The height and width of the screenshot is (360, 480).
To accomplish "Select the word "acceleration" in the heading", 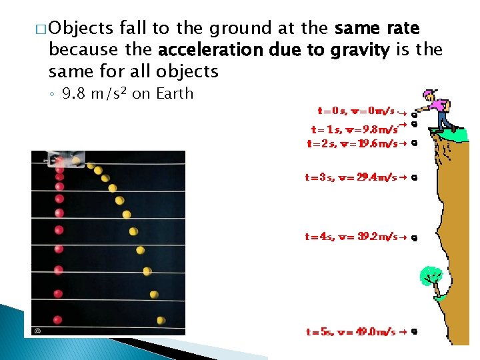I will tap(206, 49).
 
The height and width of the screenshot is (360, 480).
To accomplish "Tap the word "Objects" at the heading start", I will tap(81, 29).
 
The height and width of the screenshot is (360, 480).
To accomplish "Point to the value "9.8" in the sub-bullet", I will tap(74, 93).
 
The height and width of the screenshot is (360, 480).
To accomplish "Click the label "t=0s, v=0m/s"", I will tap(355, 111).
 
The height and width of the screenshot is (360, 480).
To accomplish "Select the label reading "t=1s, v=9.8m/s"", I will tap(355, 129).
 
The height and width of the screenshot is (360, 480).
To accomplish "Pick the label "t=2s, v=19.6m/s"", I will tap(351, 143).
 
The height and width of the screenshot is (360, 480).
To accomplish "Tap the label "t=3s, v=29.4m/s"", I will tap(351, 177).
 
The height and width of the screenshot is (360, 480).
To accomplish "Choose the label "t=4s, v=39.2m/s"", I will tap(351, 236).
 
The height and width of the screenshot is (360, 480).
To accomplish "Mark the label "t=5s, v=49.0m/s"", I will tap(351, 331).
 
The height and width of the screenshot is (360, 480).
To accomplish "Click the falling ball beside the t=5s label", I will tap(415, 331).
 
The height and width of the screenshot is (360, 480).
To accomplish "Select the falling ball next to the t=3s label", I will tap(415, 178).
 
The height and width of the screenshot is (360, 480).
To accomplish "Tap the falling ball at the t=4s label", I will tap(415, 237).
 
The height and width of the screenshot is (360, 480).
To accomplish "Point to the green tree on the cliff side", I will tap(431, 275).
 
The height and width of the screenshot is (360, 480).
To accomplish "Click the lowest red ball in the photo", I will tap(59, 319).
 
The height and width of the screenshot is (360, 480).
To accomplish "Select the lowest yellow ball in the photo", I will tap(161, 320).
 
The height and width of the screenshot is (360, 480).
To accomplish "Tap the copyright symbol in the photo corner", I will tap(37, 329).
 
